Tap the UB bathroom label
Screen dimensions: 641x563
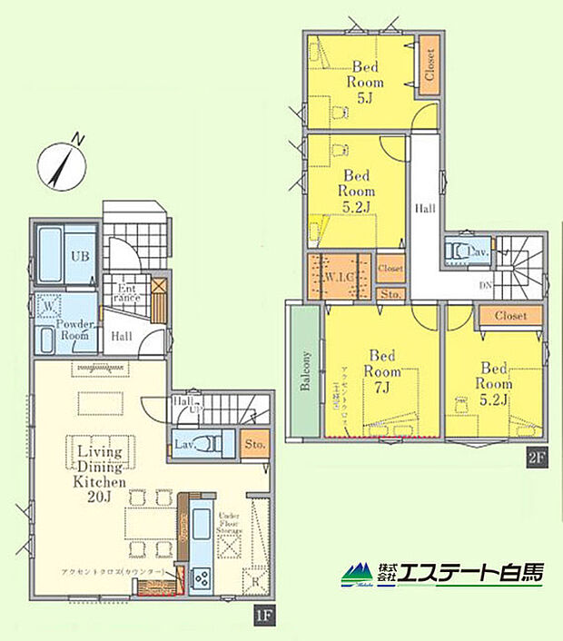pos(80,255)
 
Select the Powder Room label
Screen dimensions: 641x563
pos(74,330)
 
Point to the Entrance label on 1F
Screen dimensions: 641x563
pos(126,293)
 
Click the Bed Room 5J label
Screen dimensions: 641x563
pos(365,80)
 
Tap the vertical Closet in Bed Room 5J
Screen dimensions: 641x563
pos(429,65)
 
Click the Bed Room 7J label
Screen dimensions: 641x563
pos(380,371)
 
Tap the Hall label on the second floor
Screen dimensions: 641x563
pos(425,208)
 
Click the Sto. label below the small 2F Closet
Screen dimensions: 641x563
pos(390,294)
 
